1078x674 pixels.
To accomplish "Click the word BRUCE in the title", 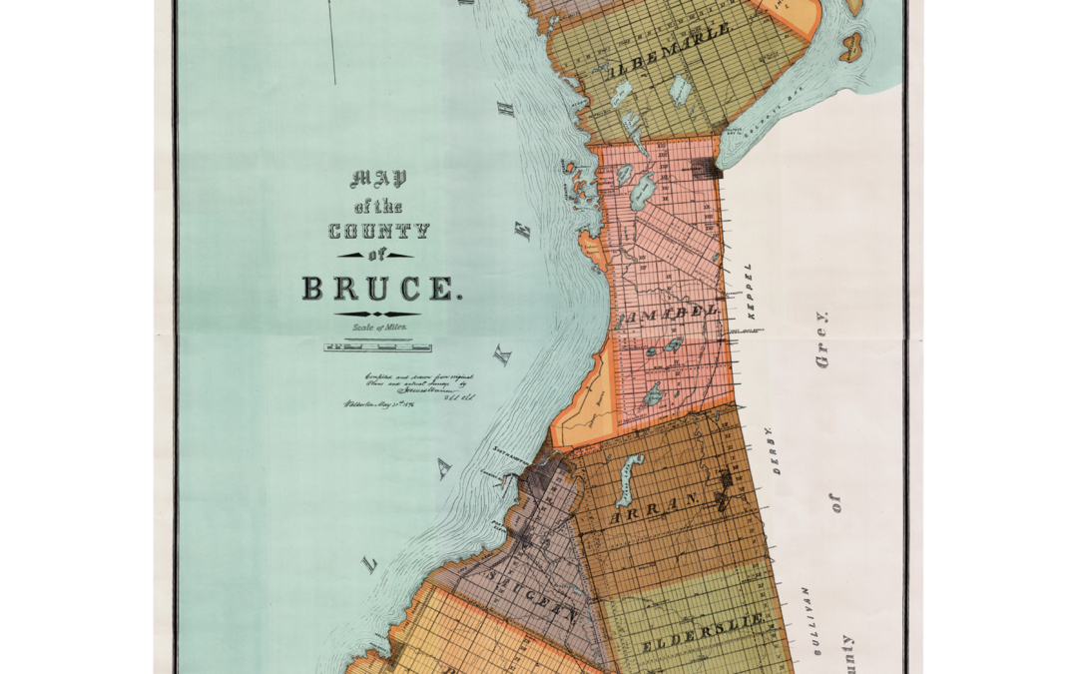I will click(x=382, y=290).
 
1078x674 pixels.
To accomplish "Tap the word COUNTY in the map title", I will click(x=379, y=232).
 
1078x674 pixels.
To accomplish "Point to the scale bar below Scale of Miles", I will click(x=377, y=347).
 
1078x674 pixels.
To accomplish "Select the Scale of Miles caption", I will click(x=378, y=327).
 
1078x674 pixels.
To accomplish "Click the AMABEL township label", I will click(x=670, y=314).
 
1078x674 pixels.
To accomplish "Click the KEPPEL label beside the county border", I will click(x=750, y=291).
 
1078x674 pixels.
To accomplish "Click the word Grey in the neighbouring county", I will click(x=822, y=339).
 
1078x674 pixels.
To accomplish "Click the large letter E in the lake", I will click(x=521, y=232).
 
